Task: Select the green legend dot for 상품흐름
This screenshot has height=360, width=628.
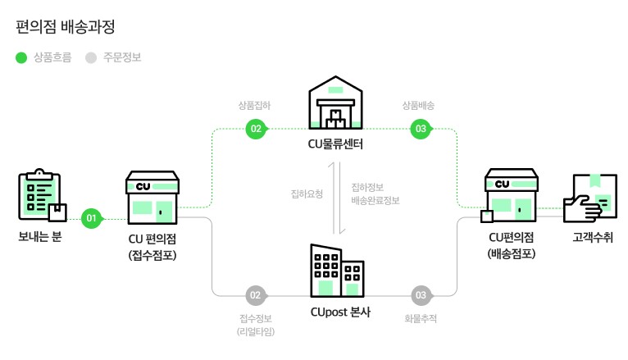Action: pyautogui.click(x=22, y=57)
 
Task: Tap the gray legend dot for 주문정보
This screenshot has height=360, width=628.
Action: pyautogui.click(x=91, y=57)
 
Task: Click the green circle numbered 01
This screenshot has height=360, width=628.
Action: pyautogui.click(x=91, y=218)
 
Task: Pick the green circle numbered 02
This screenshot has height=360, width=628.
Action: pyautogui.click(x=256, y=129)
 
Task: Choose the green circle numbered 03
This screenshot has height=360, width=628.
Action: pyautogui.click(x=421, y=129)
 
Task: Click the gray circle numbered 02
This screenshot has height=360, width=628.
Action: pyautogui.click(x=256, y=294)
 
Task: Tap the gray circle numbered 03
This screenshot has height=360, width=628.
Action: pyautogui.click(x=421, y=294)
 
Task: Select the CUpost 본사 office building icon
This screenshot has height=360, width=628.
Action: pyautogui.click(x=336, y=270)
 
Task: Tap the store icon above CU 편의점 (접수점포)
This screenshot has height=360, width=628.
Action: pyautogui.click(x=152, y=197)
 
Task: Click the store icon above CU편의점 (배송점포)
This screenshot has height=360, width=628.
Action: pyautogui.click(x=511, y=197)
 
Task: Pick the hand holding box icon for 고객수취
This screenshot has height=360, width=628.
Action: pyautogui.click(x=590, y=197)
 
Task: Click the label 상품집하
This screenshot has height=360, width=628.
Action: pyautogui.click(x=254, y=106)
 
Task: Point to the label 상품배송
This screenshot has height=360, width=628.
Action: pyautogui.click(x=418, y=106)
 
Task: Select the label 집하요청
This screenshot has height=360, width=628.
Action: pyautogui.click(x=307, y=194)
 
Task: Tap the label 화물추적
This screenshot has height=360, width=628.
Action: pyautogui.click(x=421, y=318)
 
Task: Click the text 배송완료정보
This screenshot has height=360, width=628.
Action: pyautogui.click(x=375, y=200)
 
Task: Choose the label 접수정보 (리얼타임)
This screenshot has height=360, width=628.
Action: pyautogui.click(x=256, y=325)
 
